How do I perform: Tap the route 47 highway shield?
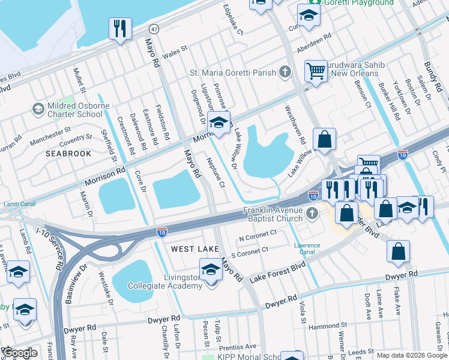point(154,29)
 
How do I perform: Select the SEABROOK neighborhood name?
point(68,154)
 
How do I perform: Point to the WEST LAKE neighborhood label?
point(192,248)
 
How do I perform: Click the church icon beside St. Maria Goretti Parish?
point(285,73)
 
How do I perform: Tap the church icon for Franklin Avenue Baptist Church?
point(311,213)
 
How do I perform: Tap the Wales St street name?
point(175,53)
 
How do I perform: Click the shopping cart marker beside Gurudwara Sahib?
point(315,71)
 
